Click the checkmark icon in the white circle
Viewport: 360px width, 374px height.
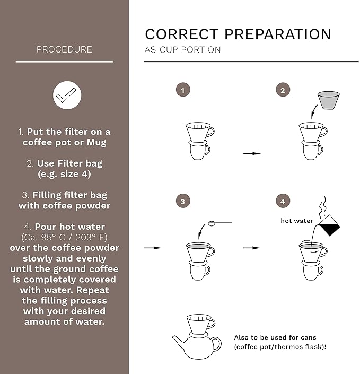[67, 95]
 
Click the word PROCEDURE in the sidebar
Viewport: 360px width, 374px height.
[64, 49]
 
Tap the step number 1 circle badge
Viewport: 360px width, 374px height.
[182, 90]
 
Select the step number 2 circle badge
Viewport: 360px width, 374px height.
[283, 90]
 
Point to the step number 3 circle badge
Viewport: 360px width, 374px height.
[182, 202]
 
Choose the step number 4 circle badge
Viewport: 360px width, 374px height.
[283, 202]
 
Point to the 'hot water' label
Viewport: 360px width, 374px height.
[296, 221]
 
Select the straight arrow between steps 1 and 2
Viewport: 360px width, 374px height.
[252, 153]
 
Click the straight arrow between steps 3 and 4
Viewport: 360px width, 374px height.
[252, 248]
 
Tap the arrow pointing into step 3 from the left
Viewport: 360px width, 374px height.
[153, 248]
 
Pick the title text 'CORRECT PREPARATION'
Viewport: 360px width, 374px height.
[238, 34]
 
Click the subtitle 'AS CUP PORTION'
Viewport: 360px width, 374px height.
[182, 50]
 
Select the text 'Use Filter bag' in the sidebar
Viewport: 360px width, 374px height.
[69, 163]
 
